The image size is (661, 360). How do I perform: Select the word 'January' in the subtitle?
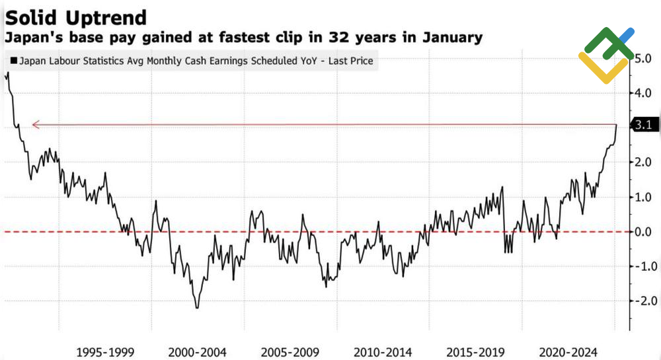click(x=449, y=38)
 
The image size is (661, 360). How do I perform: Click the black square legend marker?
click(x=13, y=61)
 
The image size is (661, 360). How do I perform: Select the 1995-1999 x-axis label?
click(x=105, y=351)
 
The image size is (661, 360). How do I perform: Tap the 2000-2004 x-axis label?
click(x=198, y=351)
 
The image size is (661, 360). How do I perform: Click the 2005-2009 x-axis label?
click(x=290, y=351)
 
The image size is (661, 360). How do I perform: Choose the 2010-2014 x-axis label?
click(x=383, y=351)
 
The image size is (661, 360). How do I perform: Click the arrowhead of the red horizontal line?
click(x=36, y=124)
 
